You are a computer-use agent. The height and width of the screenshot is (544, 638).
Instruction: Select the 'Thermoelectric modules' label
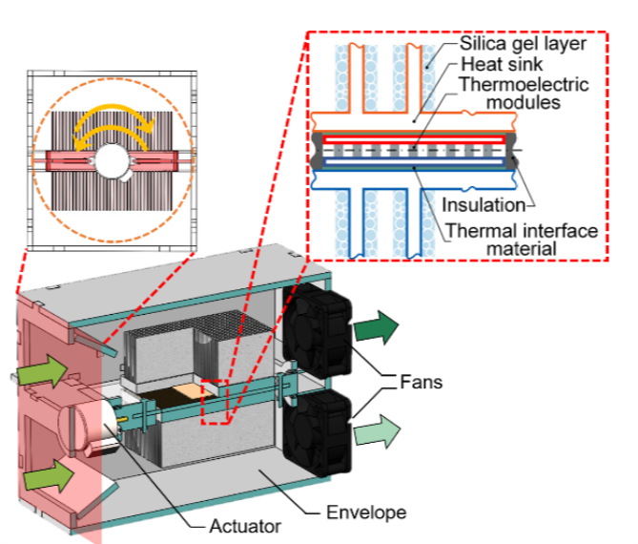pos(521,93)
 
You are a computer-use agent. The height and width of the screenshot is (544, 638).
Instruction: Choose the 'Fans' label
pos(426,383)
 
